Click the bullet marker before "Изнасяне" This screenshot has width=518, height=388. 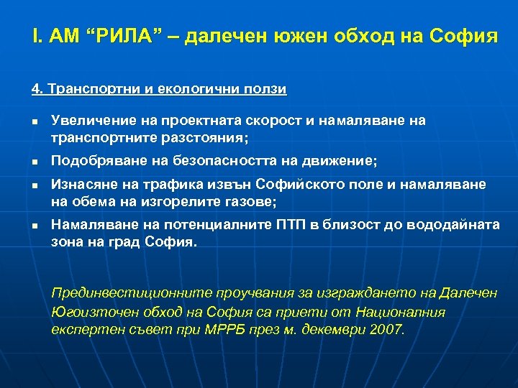click(x=35, y=186)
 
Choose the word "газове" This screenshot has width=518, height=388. click(x=251, y=202)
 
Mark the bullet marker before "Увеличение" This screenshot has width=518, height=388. click(x=35, y=123)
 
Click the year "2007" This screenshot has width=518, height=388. click(x=387, y=331)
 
